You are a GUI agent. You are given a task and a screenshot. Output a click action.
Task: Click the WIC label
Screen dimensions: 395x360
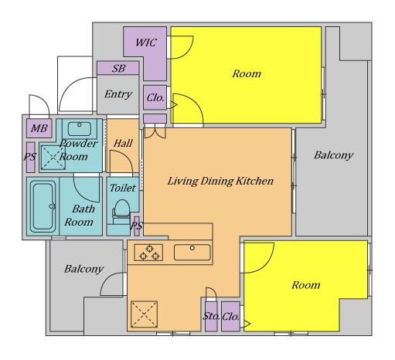tap(146, 42)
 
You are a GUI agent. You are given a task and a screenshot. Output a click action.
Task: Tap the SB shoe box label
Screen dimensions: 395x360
tap(118, 69)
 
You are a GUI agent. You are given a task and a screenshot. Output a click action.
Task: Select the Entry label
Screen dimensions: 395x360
tap(118, 94)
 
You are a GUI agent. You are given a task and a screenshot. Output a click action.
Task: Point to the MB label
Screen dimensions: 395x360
tap(39, 128)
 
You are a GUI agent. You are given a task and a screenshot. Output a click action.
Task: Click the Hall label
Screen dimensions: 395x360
tap(123, 144)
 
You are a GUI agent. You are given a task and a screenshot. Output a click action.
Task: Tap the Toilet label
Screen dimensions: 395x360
tap(123, 188)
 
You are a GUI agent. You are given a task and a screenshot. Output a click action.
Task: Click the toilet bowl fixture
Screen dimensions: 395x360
tap(121, 212)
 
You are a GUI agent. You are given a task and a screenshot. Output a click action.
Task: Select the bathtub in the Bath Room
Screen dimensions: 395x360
tap(43, 206)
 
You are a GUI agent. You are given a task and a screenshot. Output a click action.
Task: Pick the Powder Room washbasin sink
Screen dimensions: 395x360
tap(80, 128)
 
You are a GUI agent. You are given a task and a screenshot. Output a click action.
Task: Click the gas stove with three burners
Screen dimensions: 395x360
tap(148, 253)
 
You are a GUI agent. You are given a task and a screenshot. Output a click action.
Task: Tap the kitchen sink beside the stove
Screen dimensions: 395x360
tap(192, 253)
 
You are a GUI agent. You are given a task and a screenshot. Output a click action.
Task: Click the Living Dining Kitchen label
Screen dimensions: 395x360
tap(220, 181)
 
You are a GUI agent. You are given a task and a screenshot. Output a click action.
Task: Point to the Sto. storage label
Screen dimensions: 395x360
tap(211, 316)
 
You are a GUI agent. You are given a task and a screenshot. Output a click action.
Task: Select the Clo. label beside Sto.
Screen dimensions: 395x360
tap(230, 317)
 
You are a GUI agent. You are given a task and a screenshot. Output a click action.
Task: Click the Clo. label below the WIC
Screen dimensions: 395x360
tap(155, 98)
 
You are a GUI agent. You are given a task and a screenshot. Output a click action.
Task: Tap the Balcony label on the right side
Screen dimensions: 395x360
tap(334, 155)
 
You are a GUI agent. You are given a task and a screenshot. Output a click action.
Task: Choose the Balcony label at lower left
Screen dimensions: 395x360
tap(83, 269)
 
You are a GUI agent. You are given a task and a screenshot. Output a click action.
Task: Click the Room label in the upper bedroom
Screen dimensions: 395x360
tap(247, 74)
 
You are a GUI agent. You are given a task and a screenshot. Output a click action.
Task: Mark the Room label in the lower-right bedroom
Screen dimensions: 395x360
tap(306, 285)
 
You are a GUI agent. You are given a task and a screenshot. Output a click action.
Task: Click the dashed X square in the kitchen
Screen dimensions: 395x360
tap(144, 314)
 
